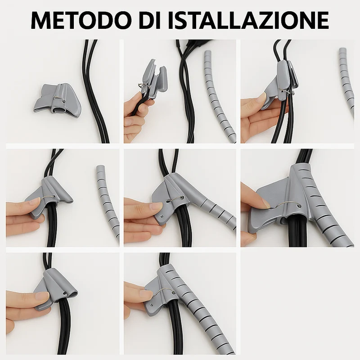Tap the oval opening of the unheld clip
click(x=60, y=112)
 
